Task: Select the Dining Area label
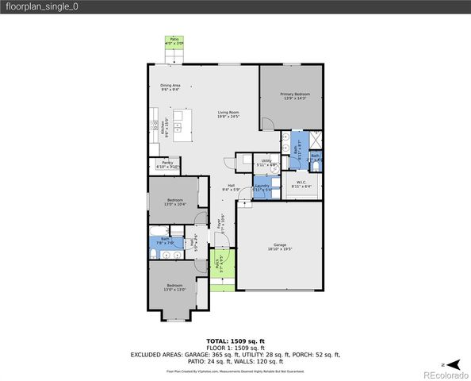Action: [170, 88]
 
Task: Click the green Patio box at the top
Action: [173, 40]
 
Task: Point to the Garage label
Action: [279, 246]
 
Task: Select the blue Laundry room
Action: [262, 188]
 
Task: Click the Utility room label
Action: [266, 163]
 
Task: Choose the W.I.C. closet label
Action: [301, 184]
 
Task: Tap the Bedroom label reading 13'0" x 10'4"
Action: [174, 202]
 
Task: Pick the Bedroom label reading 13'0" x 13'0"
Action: [174, 287]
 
